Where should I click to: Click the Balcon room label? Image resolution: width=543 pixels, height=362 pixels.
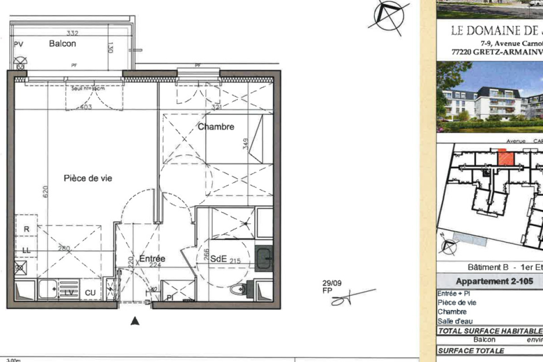(x=62, y=44)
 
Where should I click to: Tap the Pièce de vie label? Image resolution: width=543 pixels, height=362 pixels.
(x=88, y=178)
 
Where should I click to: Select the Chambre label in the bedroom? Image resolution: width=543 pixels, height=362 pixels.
(x=216, y=127)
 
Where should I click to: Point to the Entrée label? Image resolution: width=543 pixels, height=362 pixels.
(x=152, y=259)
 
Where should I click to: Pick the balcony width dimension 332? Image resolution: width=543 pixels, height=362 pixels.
(x=72, y=33)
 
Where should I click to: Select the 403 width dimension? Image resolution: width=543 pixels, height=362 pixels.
(x=86, y=107)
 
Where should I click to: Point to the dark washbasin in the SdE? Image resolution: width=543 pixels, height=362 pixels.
(x=264, y=258)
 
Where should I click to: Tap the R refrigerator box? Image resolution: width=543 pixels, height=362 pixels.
(x=26, y=229)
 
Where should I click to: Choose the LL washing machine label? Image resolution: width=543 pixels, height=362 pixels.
(x=26, y=250)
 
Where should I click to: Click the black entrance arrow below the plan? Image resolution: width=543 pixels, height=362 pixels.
(x=134, y=321)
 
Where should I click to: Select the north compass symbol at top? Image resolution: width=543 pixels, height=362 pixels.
(x=388, y=17)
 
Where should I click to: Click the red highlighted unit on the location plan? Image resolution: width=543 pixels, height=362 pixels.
(x=506, y=159)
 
